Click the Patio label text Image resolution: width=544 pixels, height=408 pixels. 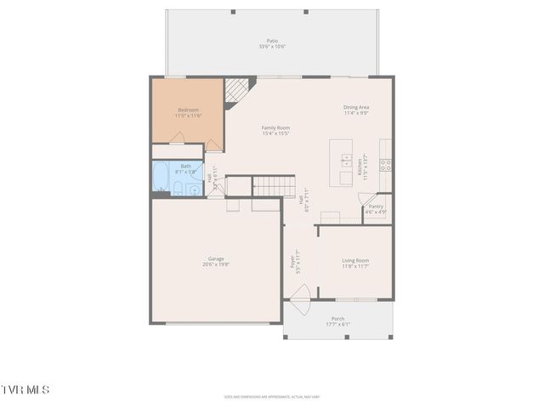(x=272, y=40)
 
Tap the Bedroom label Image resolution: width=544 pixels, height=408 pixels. (x=188, y=110)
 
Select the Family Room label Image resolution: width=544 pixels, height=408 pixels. (x=275, y=127)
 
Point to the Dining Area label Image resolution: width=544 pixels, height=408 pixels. (x=355, y=107)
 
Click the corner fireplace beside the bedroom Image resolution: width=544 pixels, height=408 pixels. (x=241, y=88)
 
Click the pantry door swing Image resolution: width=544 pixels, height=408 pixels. (x=367, y=199)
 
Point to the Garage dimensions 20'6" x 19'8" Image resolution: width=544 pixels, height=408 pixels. (x=216, y=264)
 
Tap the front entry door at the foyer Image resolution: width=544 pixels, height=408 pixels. (x=299, y=295)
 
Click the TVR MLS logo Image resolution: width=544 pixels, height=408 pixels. (x=25, y=389)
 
